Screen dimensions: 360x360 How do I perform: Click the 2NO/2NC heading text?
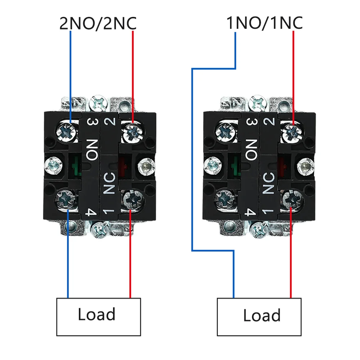(98, 23)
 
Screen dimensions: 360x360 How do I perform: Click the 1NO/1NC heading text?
(264, 23)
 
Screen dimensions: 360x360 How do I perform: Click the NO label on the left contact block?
(92, 150)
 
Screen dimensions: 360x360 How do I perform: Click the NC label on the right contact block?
(270, 183)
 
